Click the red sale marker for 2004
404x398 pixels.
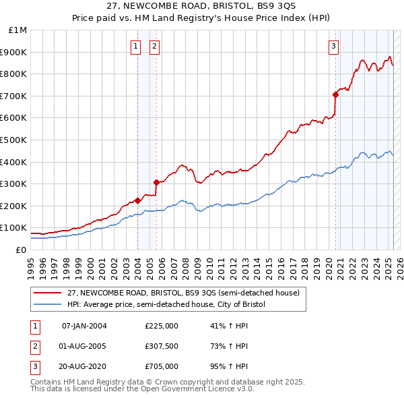(137, 200)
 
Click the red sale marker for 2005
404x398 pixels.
(156, 182)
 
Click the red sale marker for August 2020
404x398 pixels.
(335, 95)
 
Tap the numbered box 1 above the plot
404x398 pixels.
(136, 46)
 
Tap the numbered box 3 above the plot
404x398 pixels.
(333, 46)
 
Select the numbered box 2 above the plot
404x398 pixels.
(154, 46)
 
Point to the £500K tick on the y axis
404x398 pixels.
(15, 140)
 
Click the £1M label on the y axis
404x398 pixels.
(18, 30)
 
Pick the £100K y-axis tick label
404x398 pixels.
(15, 228)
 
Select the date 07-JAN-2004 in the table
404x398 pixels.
(84, 326)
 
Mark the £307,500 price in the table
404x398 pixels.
(162, 346)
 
